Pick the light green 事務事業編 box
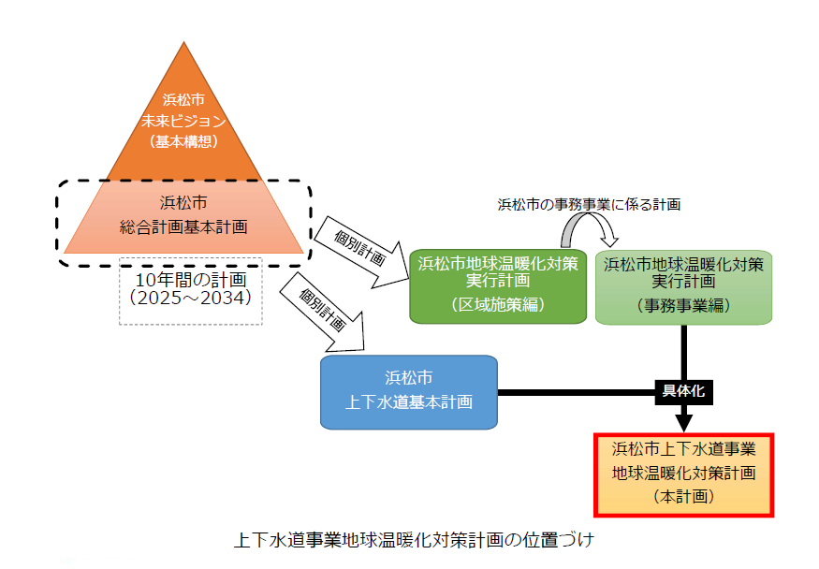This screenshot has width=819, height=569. (x=683, y=284)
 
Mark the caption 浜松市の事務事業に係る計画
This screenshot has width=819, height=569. (x=588, y=203)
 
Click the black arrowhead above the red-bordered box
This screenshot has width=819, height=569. (x=683, y=419)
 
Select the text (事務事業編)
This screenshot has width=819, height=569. (x=683, y=304)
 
